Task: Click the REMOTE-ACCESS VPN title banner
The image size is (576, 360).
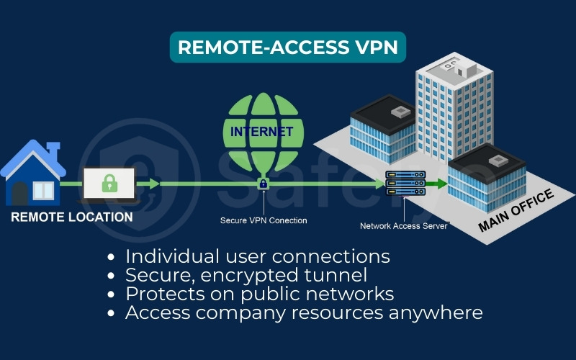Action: pyautogui.click(x=288, y=47)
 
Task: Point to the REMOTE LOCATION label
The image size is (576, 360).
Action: pyautogui.click(x=72, y=217)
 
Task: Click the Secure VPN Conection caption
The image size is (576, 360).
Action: pyautogui.click(x=264, y=220)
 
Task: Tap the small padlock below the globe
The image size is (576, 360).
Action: pyautogui.click(x=263, y=184)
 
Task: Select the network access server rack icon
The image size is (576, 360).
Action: pyautogui.click(x=402, y=184)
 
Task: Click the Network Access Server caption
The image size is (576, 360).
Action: pyautogui.click(x=404, y=226)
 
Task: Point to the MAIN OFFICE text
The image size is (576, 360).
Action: pyautogui.click(x=516, y=212)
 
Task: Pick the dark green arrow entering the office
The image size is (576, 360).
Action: pyautogui.click(x=434, y=184)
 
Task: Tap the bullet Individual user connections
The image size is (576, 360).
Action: pyautogui.click(x=257, y=256)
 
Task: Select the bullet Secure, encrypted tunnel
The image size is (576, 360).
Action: pyautogui.click(x=246, y=275)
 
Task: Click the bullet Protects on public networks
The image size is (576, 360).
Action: pyautogui.click(x=259, y=294)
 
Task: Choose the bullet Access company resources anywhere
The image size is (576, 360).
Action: pyautogui.click(x=303, y=312)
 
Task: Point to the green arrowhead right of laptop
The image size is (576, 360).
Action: pyautogui.click(x=153, y=185)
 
